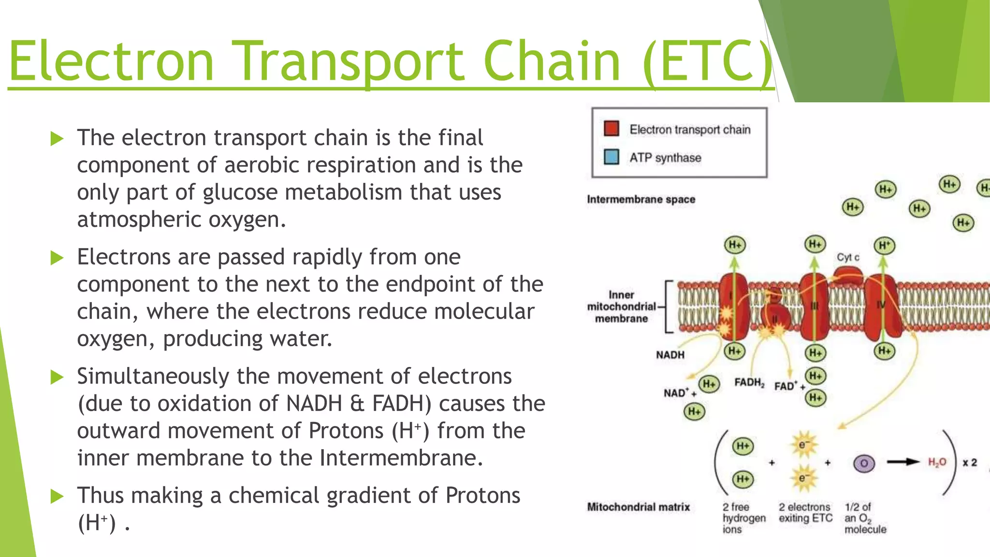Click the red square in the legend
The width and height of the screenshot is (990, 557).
[x=611, y=129]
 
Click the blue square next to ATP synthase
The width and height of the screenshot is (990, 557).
[x=611, y=157]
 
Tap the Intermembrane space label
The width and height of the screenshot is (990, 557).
[x=641, y=199]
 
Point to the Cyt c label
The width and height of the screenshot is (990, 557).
[x=848, y=257]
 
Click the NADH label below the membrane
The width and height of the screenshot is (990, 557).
[x=670, y=355]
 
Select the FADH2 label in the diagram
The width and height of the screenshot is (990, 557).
[x=749, y=382]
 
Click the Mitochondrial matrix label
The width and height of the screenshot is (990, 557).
[x=638, y=507]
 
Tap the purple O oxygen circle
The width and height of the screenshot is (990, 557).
[x=863, y=464]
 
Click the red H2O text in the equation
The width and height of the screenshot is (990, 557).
[x=937, y=462]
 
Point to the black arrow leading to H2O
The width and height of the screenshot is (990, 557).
[x=903, y=462]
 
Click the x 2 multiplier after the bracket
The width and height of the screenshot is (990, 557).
[x=969, y=463]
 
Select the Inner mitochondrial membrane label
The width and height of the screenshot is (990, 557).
[x=621, y=307]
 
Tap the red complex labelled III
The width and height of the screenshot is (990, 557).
[x=815, y=307]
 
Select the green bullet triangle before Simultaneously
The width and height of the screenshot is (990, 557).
[x=57, y=377]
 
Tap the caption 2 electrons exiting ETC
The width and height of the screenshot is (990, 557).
[x=805, y=513]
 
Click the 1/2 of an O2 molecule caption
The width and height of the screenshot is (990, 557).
[x=864, y=518]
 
